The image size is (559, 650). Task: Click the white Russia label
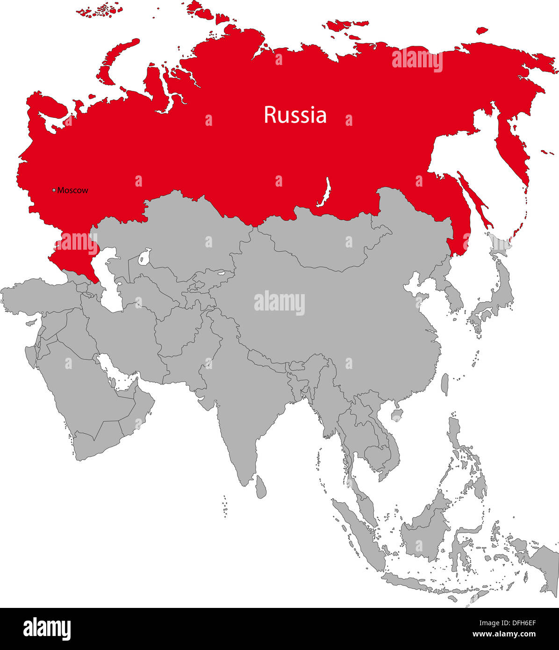pyautogui.click(x=295, y=115)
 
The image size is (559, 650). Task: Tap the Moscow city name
pyautogui.click(x=72, y=190)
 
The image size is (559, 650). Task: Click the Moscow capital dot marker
pyautogui.click(x=54, y=190)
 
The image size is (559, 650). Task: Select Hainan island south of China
pyautogui.click(x=398, y=415)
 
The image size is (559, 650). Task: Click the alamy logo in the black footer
pyautogui.click(x=47, y=628)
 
